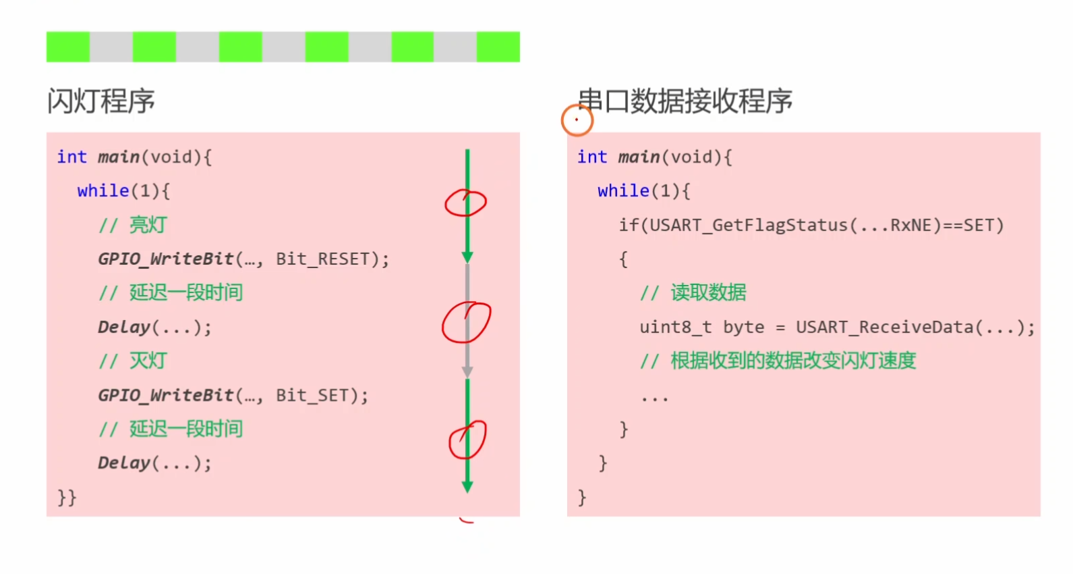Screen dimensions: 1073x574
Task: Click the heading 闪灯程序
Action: click(x=101, y=101)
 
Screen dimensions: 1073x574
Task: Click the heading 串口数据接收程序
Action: click(x=685, y=101)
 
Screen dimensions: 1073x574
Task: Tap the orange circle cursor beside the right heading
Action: click(x=577, y=120)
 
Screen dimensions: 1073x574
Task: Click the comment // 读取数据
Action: click(x=693, y=293)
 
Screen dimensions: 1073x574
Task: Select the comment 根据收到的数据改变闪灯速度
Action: click(x=792, y=361)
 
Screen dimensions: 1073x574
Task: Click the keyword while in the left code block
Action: click(x=103, y=191)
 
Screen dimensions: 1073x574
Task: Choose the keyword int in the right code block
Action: click(x=591, y=157)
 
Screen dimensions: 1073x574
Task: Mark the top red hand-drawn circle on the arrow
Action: click(x=465, y=203)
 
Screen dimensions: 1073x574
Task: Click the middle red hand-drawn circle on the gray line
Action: click(x=466, y=322)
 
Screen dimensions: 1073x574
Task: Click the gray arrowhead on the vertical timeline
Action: click(x=467, y=372)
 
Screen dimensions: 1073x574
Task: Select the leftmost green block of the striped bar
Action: click(x=67, y=47)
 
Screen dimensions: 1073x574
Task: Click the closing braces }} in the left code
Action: click(x=67, y=498)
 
